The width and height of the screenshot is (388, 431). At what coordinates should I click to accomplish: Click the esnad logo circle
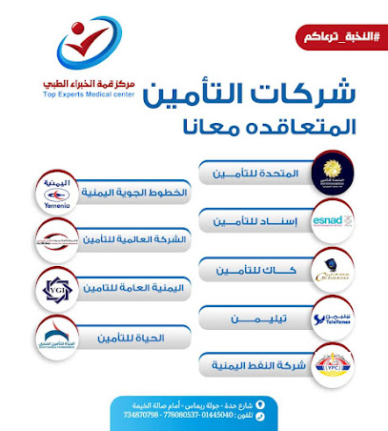pos(334,220)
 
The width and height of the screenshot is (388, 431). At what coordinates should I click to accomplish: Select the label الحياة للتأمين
pos(133,336)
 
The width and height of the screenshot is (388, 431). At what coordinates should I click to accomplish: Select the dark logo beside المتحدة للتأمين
pos(334,170)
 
